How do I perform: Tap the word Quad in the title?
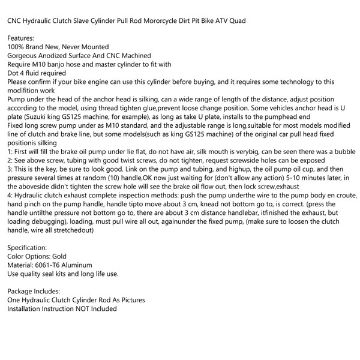(235, 21)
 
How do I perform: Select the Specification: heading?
(28, 247)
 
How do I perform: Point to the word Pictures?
(131, 299)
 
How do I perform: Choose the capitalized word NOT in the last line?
(85, 308)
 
